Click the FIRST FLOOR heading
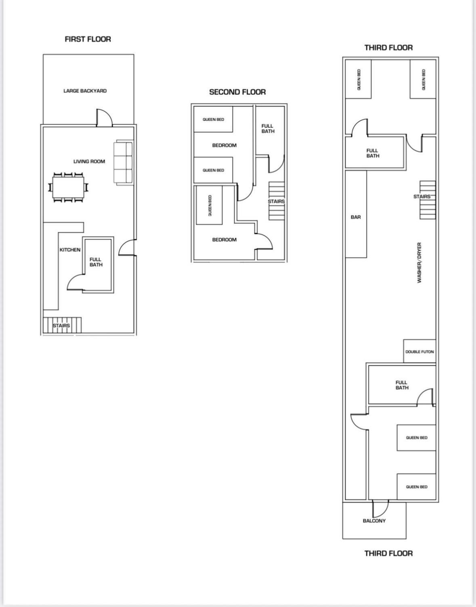(88, 39)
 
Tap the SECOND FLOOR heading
(237, 92)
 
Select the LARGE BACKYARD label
(85, 91)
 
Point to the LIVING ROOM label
(89, 161)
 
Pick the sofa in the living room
(124, 163)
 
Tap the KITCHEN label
(70, 250)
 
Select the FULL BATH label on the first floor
(96, 262)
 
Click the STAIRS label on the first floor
(61, 325)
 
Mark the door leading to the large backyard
(104, 118)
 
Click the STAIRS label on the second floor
(276, 201)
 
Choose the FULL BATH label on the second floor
(268, 129)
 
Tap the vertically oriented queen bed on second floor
(209, 205)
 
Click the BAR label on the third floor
(356, 217)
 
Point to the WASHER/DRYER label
(419, 263)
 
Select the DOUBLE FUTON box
(419, 352)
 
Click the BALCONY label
(374, 521)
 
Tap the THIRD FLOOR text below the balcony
(388, 553)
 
